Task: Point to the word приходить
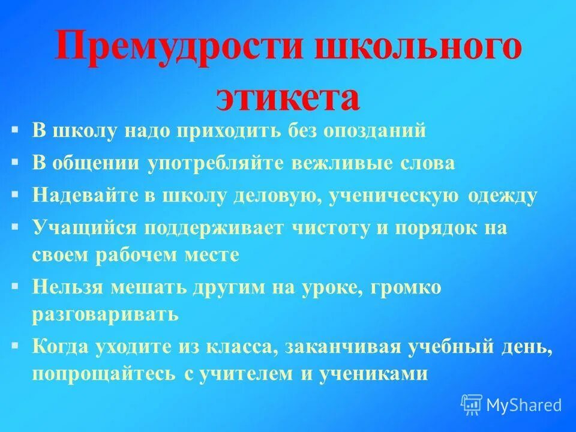(x=229, y=131)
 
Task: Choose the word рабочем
(x=145, y=254)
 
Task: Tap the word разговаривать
(x=106, y=314)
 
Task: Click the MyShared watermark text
(x=523, y=405)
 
